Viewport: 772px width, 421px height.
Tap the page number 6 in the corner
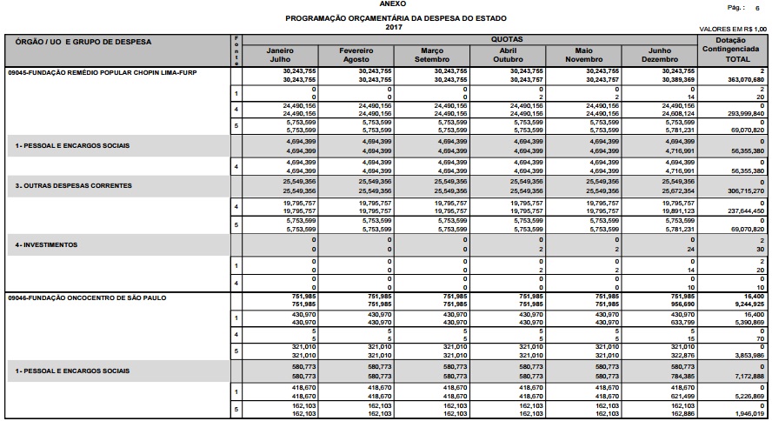coord(758,7)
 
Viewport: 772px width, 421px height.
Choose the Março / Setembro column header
coord(431,55)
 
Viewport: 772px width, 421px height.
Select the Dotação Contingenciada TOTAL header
coord(735,50)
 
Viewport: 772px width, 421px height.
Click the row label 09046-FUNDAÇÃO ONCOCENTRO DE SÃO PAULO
coord(87,297)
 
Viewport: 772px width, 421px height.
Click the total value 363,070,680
coord(745,79)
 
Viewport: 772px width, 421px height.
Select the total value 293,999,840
coord(745,113)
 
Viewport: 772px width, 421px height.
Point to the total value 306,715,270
coord(745,190)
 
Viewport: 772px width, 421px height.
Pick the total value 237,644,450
coord(745,210)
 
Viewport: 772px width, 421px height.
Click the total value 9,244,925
coord(750,304)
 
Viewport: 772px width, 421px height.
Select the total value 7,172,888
coord(750,377)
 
